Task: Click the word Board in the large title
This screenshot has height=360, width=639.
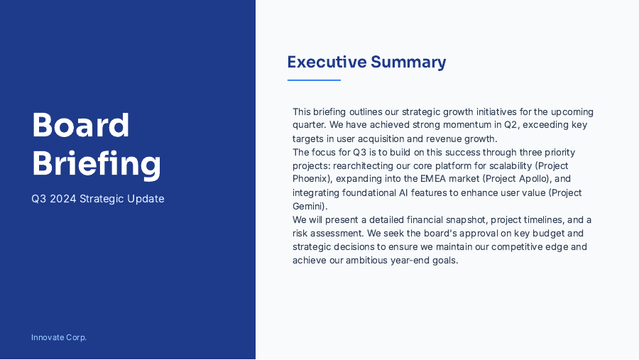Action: [x=80, y=126]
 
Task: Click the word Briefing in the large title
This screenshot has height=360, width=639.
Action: [x=96, y=163]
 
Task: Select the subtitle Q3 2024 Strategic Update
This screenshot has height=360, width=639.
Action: [x=97, y=199]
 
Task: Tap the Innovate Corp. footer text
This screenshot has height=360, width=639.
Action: [x=59, y=337]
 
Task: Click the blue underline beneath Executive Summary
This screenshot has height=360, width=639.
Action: [x=314, y=80]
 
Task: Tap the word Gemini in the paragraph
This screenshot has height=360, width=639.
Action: [x=308, y=206]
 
